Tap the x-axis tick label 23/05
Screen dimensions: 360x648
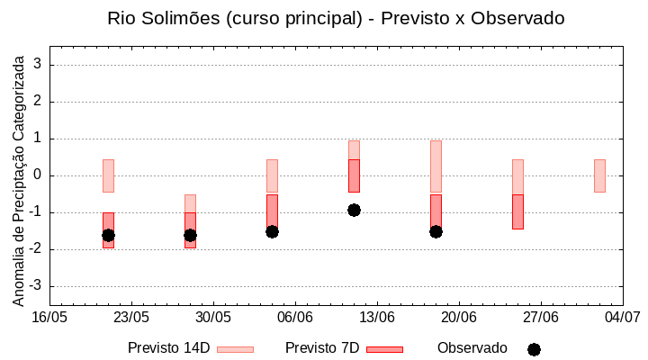point(131,317)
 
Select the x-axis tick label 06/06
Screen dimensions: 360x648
point(295,317)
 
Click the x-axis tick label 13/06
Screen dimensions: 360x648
point(377,317)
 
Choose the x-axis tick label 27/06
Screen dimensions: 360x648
point(541,317)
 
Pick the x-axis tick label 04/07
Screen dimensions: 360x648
point(622,317)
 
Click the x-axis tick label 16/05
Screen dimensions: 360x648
point(50,317)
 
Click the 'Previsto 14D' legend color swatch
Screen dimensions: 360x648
point(235,348)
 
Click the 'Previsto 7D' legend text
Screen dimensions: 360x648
point(322,347)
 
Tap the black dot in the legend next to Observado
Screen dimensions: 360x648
point(534,349)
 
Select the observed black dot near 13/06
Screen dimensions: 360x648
point(354,210)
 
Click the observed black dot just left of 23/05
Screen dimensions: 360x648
point(108,235)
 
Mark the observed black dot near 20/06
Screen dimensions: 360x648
point(436,231)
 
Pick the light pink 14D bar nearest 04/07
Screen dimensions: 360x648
point(599,175)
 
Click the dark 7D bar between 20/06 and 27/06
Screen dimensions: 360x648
point(517,211)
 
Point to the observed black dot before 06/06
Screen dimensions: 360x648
point(272,231)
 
